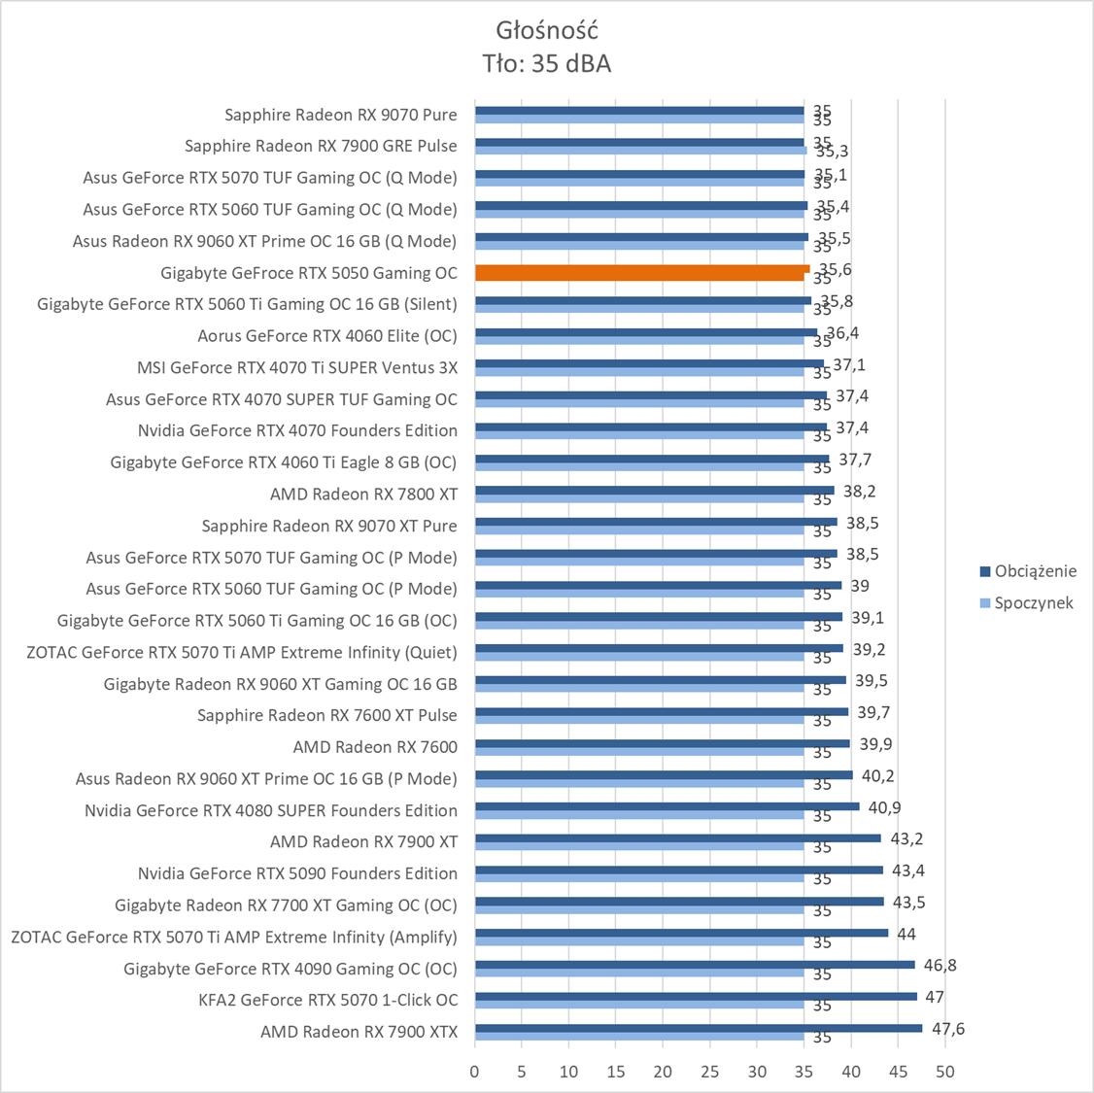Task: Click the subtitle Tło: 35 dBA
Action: (546, 64)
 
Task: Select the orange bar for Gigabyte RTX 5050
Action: (641, 272)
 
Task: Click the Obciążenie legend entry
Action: (1035, 571)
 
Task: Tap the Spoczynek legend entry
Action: (1033, 602)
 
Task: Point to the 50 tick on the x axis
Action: (944, 1072)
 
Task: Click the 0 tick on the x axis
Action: (474, 1072)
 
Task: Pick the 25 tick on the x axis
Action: (709, 1072)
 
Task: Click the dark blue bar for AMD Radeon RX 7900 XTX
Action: (698, 1028)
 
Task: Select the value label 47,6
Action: (947, 1029)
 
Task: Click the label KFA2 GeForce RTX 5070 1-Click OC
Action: (327, 1000)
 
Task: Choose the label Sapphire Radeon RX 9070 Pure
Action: (340, 115)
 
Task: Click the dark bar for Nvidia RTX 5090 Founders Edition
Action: (678, 870)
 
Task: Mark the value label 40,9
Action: (884, 807)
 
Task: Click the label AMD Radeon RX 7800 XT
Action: (363, 494)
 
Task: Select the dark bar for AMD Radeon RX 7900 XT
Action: (677, 837)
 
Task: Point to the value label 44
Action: (906, 934)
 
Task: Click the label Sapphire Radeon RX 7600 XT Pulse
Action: (326, 715)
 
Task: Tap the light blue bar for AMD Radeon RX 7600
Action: (639, 751)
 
